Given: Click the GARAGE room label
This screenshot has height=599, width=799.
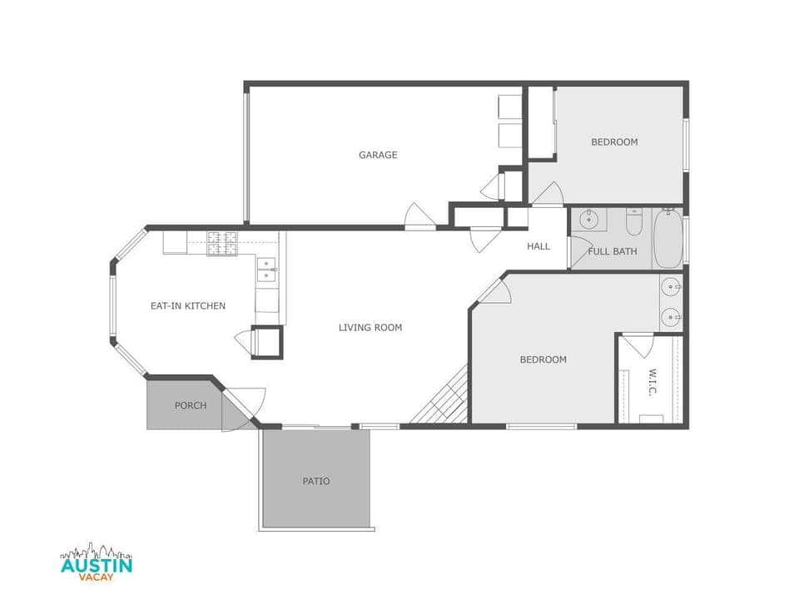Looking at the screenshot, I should click(x=378, y=155).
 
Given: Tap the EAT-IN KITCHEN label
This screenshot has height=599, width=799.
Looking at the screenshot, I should click(x=187, y=306).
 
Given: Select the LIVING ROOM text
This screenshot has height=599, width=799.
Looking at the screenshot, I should click(x=370, y=328).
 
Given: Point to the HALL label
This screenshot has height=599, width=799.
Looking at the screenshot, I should click(x=538, y=246).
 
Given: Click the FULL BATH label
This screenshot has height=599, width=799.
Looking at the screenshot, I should click(x=613, y=251).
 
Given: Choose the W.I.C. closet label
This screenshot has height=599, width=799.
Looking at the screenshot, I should click(x=653, y=382).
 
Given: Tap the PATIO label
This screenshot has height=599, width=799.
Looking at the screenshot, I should click(x=315, y=481).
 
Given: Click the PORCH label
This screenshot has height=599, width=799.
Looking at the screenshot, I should click(x=191, y=406).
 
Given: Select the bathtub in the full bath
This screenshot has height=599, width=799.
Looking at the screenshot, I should click(x=667, y=238).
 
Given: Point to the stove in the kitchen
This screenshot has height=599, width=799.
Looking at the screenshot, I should click(x=222, y=242).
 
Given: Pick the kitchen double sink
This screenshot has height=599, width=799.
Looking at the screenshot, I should click(x=266, y=268).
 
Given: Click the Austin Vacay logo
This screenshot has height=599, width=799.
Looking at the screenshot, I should click(x=97, y=564).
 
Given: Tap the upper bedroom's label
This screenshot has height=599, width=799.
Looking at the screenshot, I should click(x=614, y=142).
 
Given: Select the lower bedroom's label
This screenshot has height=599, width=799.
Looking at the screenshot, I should click(x=543, y=360).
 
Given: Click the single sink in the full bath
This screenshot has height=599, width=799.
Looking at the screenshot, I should click(x=588, y=220).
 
